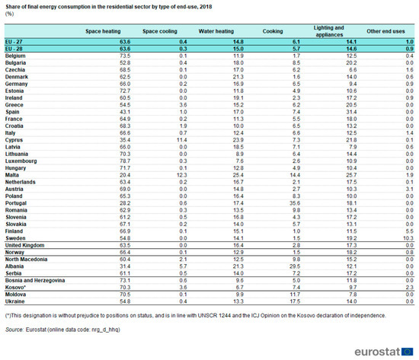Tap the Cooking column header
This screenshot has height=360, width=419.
tap(272, 31)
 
